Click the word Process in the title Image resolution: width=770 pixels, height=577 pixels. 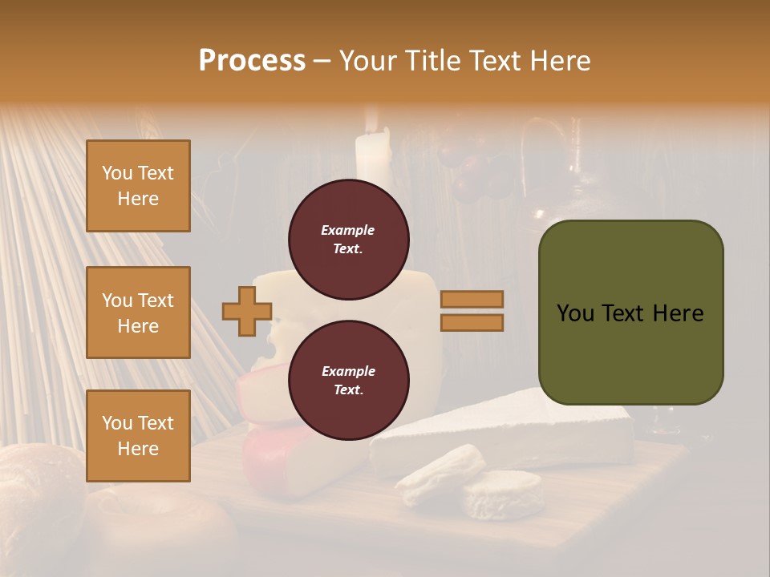[x=252, y=61]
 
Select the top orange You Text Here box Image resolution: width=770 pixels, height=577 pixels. [x=138, y=186]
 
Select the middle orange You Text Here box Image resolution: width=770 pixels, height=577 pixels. [x=138, y=313]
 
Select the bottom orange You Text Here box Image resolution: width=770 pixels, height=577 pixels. [x=138, y=436]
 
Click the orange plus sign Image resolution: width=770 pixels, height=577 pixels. [x=247, y=311]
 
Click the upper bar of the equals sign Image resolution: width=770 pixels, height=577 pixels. [x=472, y=299]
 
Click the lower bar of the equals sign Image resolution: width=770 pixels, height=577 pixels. [x=472, y=323]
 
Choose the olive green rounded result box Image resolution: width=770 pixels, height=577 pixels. [x=630, y=353]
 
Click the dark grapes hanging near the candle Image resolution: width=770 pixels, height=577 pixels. [x=473, y=176]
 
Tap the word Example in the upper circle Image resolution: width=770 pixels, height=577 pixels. [x=348, y=230]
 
